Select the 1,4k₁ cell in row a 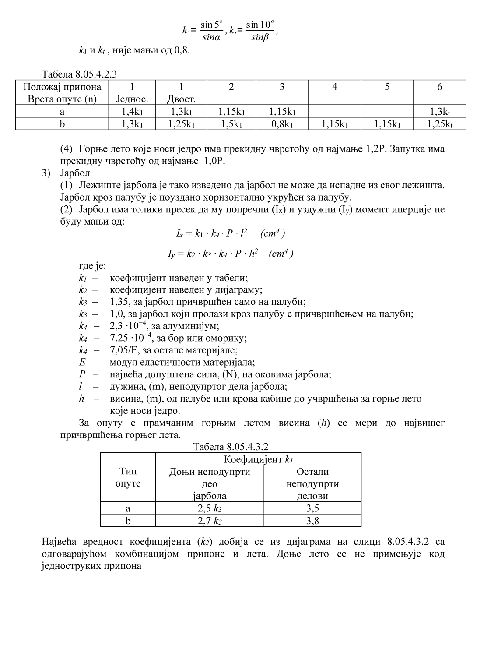pyautogui.click(x=132, y=112)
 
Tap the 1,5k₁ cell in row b pyautogui.click(x=231, y=124)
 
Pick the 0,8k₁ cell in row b pyautogui.click(x=282, y=124)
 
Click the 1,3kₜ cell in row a pyautogui.click(x=439, y=112)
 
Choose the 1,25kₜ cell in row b pyautogui.click(x=439, y=124)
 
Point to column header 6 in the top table pyautogui.click(x=439, y=87)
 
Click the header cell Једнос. pyautogui.click(x=132, y=99)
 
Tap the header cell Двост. pyautogui.click(x=181, y=99)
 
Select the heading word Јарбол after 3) pyautogui.click(x=75, y=173)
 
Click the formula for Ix pyautogui.click(x=230, y=233)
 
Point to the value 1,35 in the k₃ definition pyautogui.click(x=118, y=302)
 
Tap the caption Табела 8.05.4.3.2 pyautogui.click(x=230, y=447)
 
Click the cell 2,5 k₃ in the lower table pyautogui.click(x=210, y=508)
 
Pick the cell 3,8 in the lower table pyautogui.click(x=312, y=521)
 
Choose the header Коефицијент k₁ pyautogui.click(x=258, y=459)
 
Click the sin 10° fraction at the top pyautogui.click(x=260, y=30)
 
